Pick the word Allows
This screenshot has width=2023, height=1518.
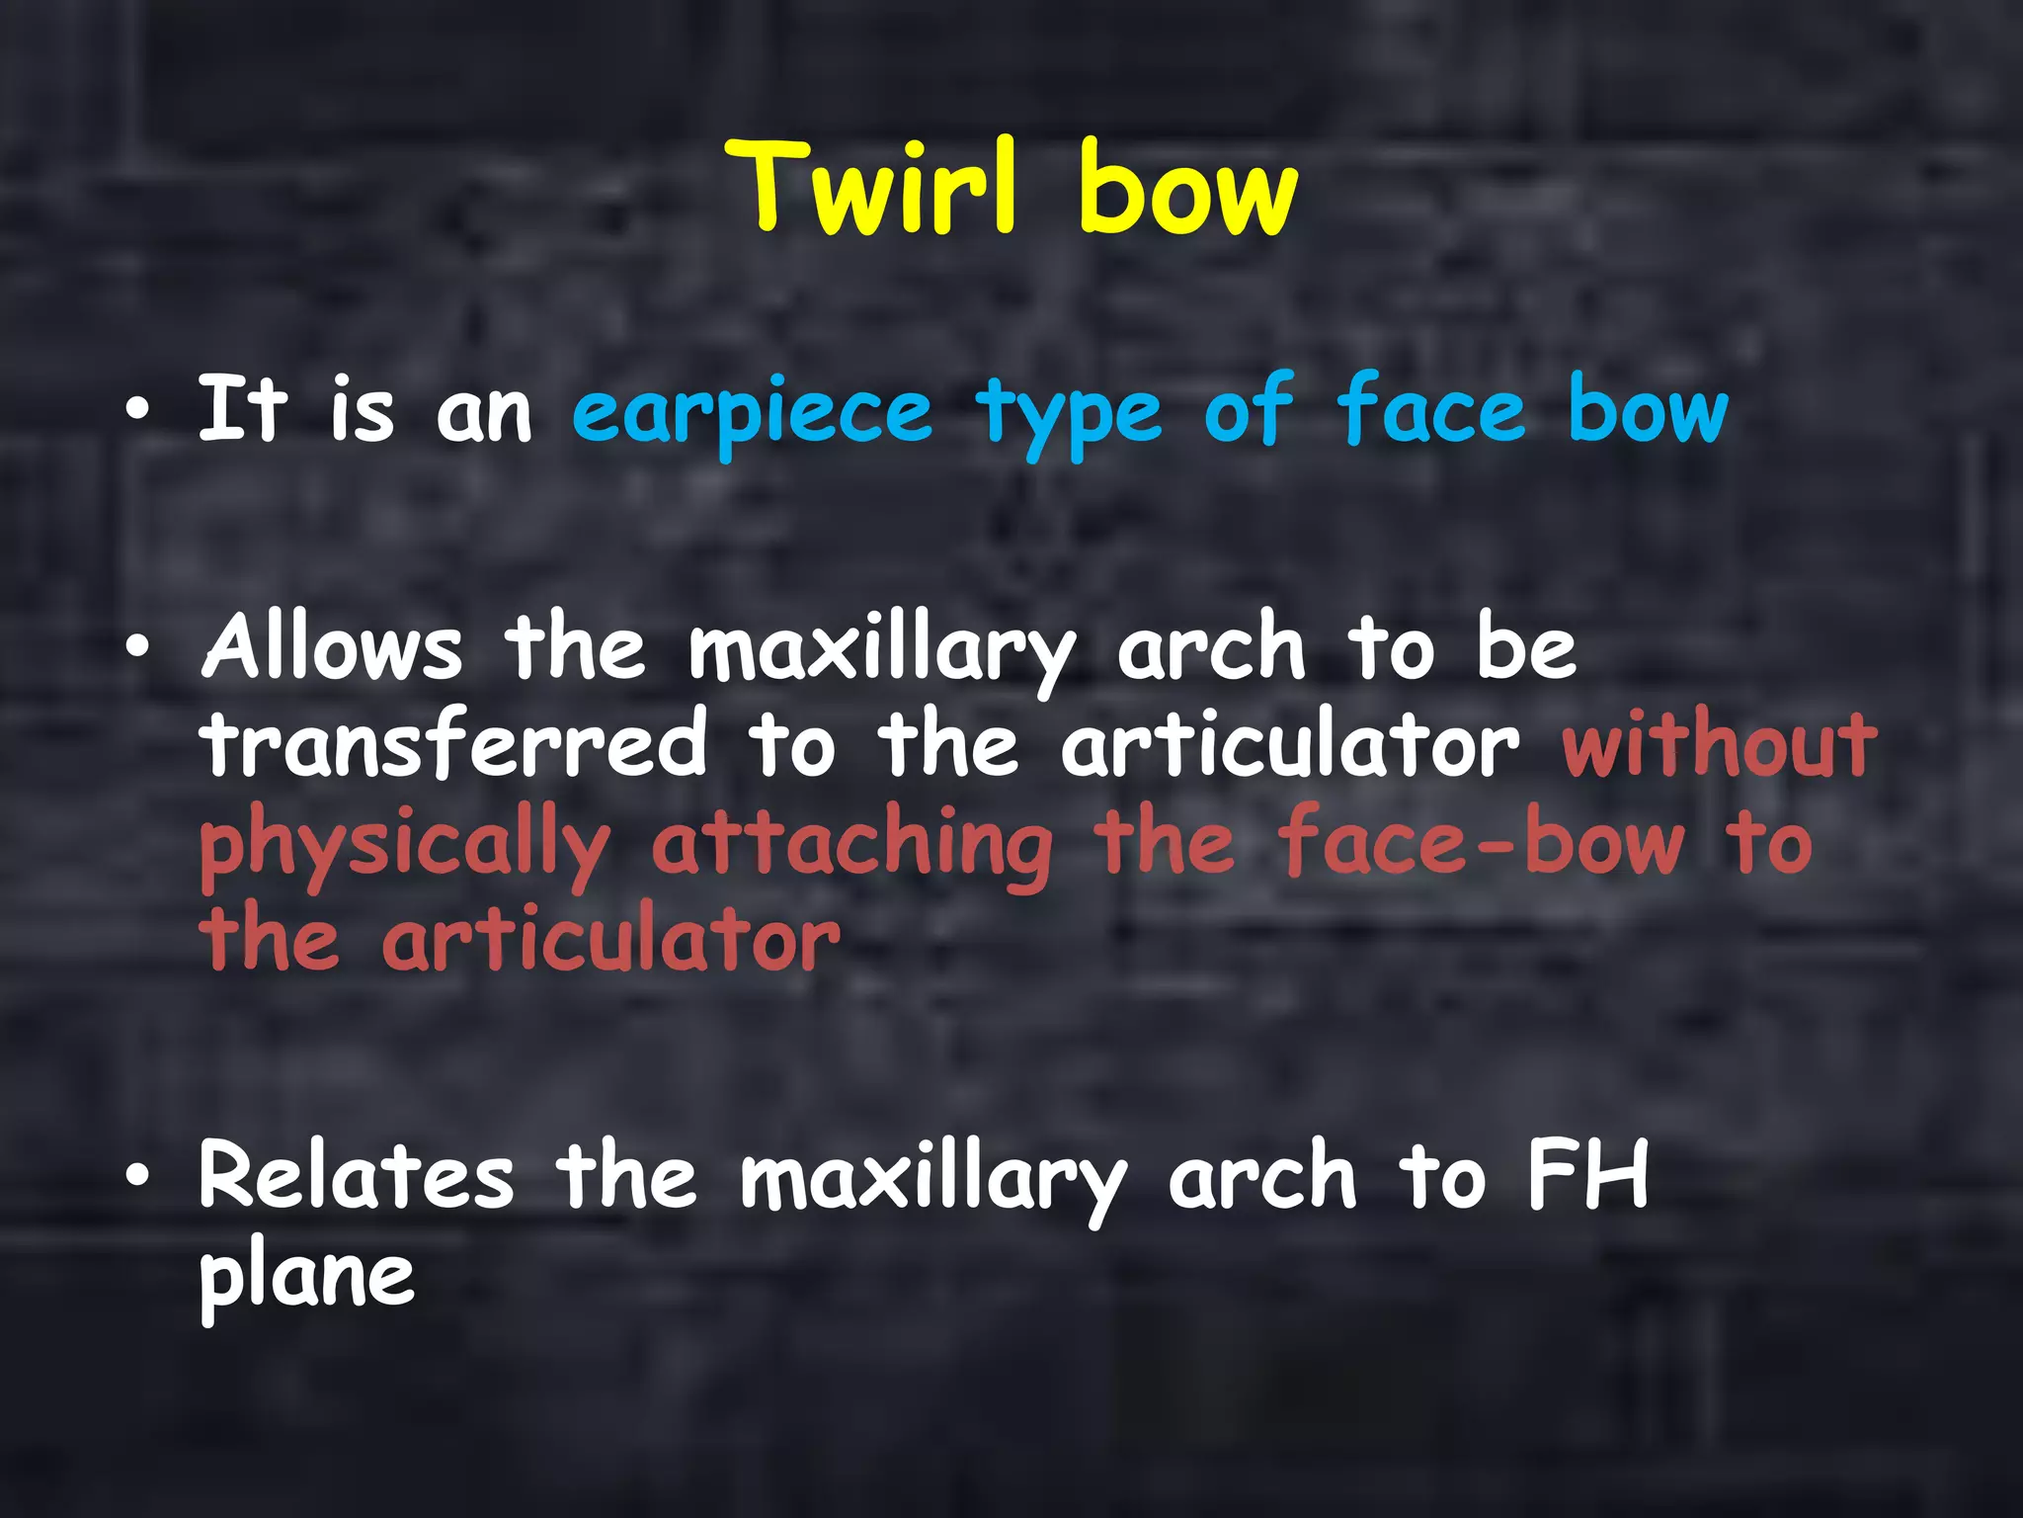pyautogui.click(x=332, y=647)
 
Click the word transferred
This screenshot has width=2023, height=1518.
pyautogui.click(x=453, y=743)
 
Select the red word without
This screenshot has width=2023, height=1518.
pyautogui.click(x=1719, y=743)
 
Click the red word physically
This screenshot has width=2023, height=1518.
pyautogui.click(x=404, y=846)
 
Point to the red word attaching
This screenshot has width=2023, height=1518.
pyautogui.click(x=851, y=844)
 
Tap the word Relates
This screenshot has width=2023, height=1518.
pyautogui.click(x=357, y=1175)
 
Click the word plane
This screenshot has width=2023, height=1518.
pyautogui.click(x=306, y=1276)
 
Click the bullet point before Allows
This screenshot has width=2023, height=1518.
pyautogui.click(x=139, y=648)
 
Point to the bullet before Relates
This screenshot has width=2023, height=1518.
pyautogui.click(x=139, y=1176)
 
